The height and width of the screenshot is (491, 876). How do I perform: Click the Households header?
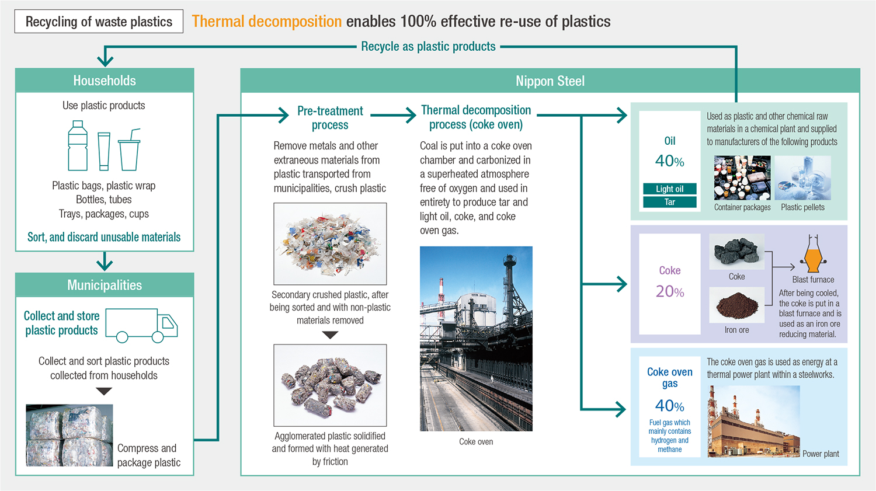tap(105, 81)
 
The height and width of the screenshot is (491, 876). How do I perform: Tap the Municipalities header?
tap(105, 285)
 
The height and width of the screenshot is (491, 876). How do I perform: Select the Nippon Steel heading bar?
tap(550, 81)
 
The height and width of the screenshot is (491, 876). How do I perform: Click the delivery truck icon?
tap(141, 326)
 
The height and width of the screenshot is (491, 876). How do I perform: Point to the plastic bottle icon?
tap(78, 145)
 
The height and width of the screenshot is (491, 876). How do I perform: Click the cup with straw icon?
tap(130, 149)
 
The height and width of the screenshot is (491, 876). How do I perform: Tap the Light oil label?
tap(669, 189)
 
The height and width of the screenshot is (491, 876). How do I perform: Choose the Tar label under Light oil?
tap(669, 202)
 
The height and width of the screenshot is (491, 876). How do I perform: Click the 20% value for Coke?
tap(669, 291)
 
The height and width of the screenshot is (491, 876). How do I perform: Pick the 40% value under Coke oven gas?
tap(669, 406)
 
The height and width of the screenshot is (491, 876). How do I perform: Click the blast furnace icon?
tap(813, 254)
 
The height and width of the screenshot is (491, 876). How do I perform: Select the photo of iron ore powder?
tap(737, 305)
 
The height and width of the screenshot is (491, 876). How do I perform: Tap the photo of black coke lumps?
tap(737, 252)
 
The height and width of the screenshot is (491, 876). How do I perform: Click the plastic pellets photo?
tap(802, 178)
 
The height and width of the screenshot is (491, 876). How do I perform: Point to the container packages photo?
tap(742, 178)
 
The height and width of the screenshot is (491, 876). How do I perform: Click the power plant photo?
tap(753, 422)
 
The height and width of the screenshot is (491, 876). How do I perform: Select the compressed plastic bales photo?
tap(69, 435)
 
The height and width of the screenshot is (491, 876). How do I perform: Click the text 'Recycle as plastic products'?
tap(428, 47)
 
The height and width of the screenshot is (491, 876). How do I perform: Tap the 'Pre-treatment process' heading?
tap(330, 118)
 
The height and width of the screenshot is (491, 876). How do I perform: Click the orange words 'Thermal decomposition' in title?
tap(267, 22)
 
